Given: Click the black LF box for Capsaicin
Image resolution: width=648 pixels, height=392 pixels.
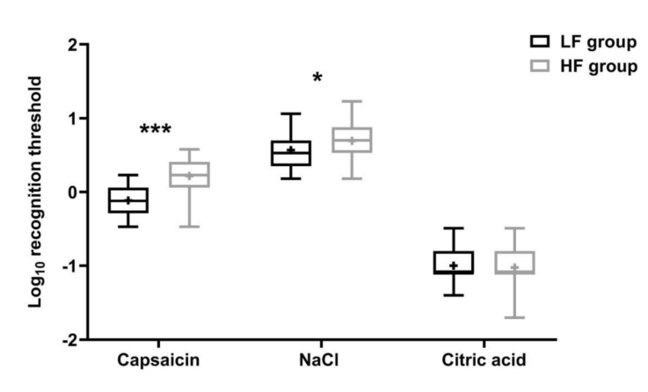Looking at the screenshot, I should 128,200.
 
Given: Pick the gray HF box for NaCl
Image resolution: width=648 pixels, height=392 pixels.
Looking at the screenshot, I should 352,140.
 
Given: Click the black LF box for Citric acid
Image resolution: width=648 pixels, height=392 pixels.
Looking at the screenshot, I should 453,262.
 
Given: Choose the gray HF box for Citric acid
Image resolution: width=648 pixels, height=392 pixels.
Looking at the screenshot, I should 514,262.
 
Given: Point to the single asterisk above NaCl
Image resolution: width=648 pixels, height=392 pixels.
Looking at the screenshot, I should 317,79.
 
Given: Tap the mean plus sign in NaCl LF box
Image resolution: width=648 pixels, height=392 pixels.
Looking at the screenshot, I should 291,150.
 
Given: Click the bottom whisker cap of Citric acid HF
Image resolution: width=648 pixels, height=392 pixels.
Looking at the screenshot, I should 514,317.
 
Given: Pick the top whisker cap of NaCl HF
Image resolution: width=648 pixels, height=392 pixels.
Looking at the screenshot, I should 352,101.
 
